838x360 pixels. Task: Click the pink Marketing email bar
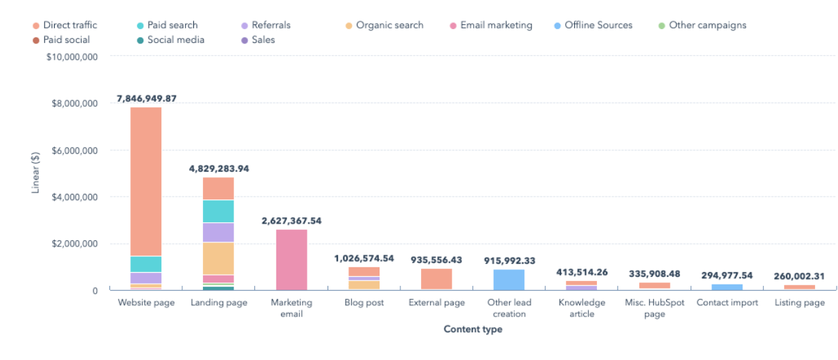[x=292, y=260]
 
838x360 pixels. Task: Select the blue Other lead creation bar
[x=509, y=280]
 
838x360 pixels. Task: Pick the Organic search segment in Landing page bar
[x=218, y=258]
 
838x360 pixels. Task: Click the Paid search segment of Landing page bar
[x=218, y=211]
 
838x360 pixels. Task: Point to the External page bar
[x=436, y=279]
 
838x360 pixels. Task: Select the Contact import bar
[x=726, y=287]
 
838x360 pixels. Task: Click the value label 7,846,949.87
[x=146, y=98]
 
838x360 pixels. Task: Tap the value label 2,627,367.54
[x=292, y=221]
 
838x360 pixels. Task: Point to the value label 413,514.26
[x=582, y=272]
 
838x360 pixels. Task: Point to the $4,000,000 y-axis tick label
[x=75, y=197]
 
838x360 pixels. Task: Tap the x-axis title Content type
[x=473, y=330]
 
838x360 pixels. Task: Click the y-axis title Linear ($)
[x=35, y=173]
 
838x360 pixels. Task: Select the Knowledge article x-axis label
[x=582, y=308]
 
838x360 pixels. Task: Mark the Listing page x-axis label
[x=799, y=303]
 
